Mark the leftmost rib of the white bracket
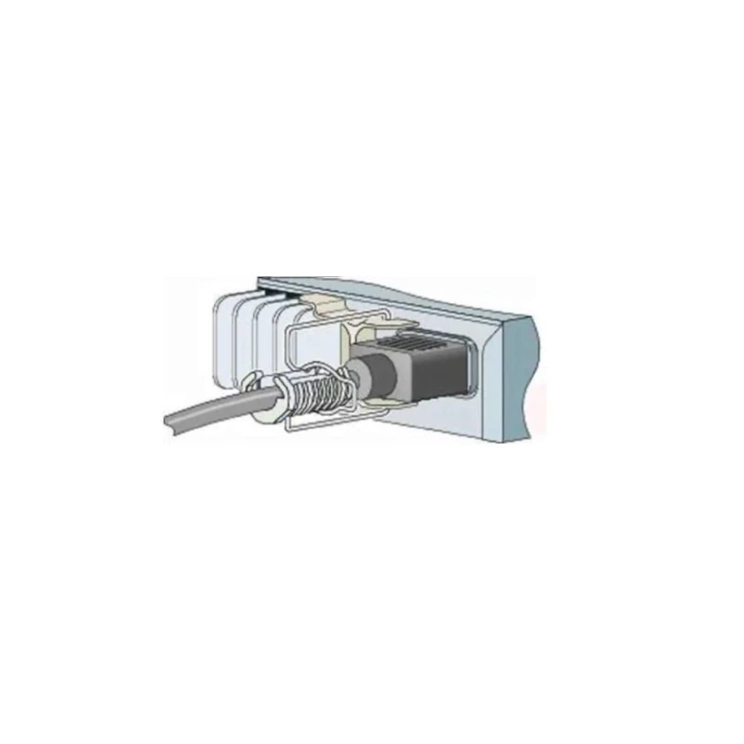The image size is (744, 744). click(223, 344)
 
